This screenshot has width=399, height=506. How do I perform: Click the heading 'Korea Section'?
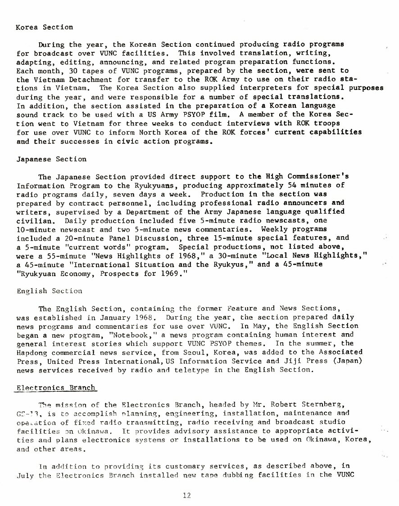[x=44, y=27]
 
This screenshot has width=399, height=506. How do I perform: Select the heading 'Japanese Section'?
[x=51, y=159]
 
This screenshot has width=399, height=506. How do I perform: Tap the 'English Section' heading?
[x=49, y=291]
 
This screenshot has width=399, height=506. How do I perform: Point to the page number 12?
[x=187, y=495]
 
